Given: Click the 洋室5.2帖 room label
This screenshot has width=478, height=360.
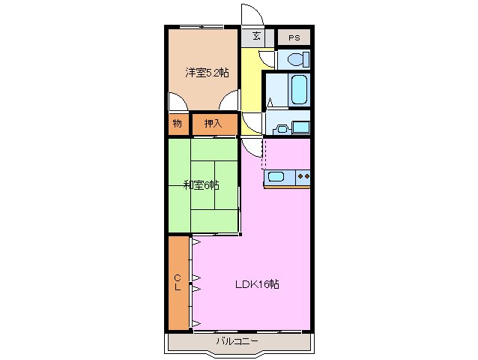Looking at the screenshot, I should click(208, 73).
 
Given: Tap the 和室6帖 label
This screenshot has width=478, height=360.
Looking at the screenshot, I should click(201, 185).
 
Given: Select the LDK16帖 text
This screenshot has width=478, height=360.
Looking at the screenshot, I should click(257, 284).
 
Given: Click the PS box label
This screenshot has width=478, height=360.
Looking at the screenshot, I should click(293, 36).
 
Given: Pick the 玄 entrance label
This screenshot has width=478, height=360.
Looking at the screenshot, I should click(256, 36).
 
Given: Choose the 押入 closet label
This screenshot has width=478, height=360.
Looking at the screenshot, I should click(214, 123).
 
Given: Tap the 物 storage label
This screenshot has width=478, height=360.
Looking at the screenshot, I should click(178, 123).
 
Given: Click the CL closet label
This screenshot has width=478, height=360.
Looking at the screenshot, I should click(178, 283).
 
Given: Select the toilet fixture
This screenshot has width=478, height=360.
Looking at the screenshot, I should click(294, 59).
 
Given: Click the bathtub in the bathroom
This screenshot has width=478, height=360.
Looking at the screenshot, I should click(297, 90).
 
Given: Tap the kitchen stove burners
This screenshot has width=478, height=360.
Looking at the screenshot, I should click(303, 177).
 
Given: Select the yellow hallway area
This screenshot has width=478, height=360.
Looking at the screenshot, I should click(252, 82).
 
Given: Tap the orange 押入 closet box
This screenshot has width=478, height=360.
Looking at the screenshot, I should click(214, 123).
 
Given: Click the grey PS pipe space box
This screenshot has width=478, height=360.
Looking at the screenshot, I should click(293, 36).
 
